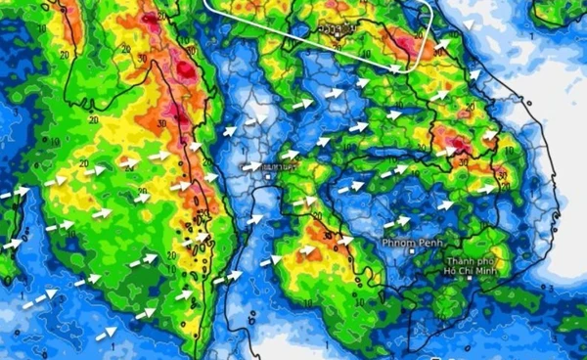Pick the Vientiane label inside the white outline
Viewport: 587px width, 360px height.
click(x=334, y=29)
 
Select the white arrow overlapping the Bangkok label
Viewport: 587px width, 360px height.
click(x=251, y=167)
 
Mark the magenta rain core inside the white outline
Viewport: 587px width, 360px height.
click(x=401, y=43)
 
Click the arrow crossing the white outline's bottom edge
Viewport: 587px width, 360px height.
click(x=395, y=68)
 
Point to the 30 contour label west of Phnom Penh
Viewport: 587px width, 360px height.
click(x=344, y=237)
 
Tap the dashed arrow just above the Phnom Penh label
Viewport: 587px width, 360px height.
click(x=396, y=222)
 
